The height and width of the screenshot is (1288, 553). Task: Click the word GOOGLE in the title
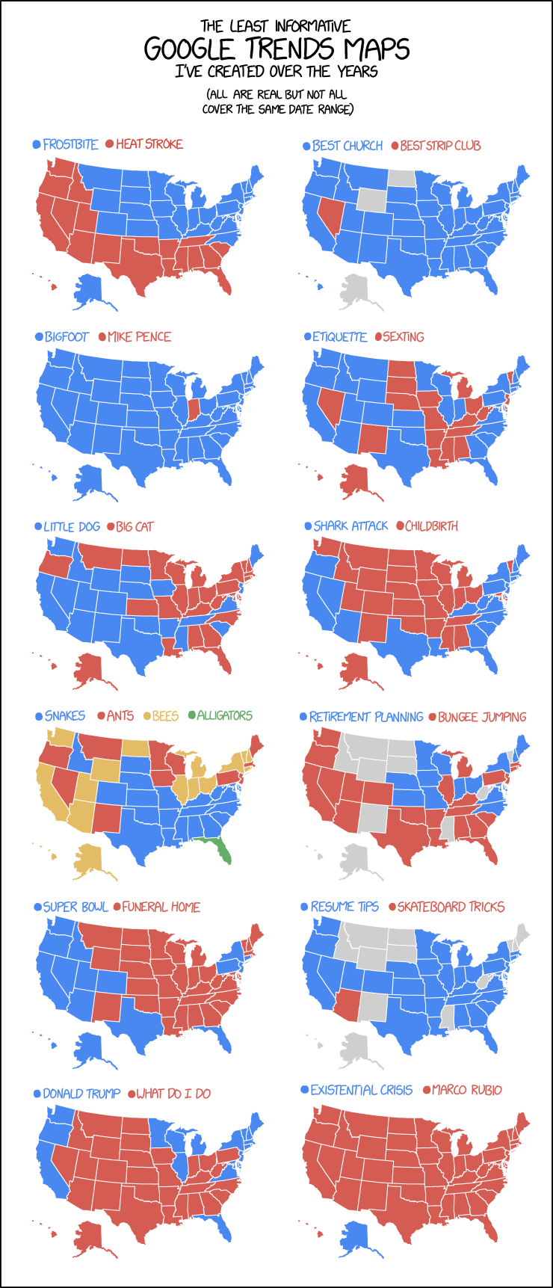[x=190, y=49]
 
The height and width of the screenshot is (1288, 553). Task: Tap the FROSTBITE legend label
[x=70, y=144]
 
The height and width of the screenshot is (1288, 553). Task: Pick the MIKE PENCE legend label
[x=139, y=337]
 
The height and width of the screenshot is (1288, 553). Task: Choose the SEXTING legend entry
[x=403, y=337]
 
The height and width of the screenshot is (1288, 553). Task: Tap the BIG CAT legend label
[x=135, y=527]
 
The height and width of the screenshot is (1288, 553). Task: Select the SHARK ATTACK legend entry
[x=350, y=526]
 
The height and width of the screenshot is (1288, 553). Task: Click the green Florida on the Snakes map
[x=220, y=849]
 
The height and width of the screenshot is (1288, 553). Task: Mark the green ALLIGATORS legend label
[x=224, y=715]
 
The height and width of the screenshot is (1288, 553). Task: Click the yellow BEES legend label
[x=165, y=716]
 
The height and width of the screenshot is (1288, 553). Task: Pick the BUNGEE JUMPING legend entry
[x=481, y=717]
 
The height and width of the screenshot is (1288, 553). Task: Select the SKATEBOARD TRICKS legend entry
[x=451, y=907]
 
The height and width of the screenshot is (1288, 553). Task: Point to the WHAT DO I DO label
[x=173, y=1094]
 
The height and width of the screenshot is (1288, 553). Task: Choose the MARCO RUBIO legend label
[x=466, y=1090]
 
